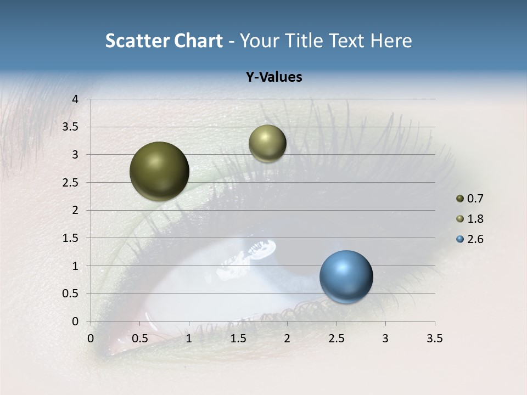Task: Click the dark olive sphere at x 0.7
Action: tap(159, 171)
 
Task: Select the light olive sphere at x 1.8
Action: tap(267, 143)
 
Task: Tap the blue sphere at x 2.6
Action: tap(346, 276)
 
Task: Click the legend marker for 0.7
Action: tap(459, 199)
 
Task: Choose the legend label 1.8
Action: tap(475, 219)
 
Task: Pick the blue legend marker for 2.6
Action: tap(459, 239)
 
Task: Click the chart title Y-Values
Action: tap(273, 77)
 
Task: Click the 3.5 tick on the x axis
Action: tap(434, 338)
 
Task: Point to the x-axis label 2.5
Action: tap(336, 338)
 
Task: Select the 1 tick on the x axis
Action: tap(189, 338)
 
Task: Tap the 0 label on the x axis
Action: tap(91, 338)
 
